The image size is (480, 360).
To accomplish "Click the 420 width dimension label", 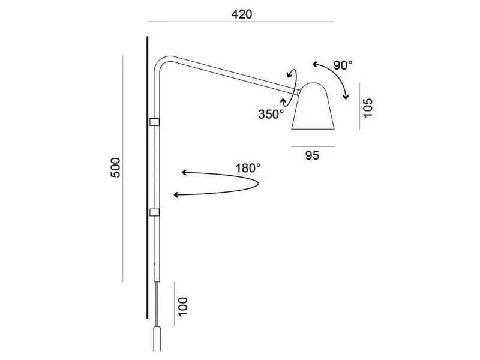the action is click(x=242, y=14).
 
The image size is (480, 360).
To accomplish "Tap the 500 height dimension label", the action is click(x=116, y=167).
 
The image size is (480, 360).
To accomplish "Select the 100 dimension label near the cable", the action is click(x=182, y=307).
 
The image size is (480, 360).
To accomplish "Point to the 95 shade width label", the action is click(x=312, y=155).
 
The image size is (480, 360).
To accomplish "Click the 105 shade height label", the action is click(x=367, y=107).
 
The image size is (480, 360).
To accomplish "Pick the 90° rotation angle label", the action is click(x=343, y=65).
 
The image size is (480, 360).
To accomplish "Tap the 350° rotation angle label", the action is click(x=271, y=114).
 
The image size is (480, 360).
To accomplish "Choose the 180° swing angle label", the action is click(x=248, y=168).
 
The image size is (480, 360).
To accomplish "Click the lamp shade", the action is click(x=313, y=106).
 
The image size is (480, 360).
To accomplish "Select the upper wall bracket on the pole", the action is click(x=154, y=122).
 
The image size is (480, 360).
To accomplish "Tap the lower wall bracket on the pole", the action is click(x=154, y=212).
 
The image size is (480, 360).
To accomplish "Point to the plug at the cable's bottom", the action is click(x=157, y=339).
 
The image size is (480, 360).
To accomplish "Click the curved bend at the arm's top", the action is click(x=162, y=61).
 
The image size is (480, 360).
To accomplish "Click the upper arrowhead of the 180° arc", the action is click(x=184, y=172).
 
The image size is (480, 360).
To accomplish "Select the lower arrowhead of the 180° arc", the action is click(x=176, y=195).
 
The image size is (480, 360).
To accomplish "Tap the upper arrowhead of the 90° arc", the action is click(x=316, y=64).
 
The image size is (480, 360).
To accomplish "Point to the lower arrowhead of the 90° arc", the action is click(x=346, y=97).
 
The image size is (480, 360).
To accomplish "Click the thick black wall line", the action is click(x=147, y=178).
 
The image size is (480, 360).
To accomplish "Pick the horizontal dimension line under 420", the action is click(x=241, y=22).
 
